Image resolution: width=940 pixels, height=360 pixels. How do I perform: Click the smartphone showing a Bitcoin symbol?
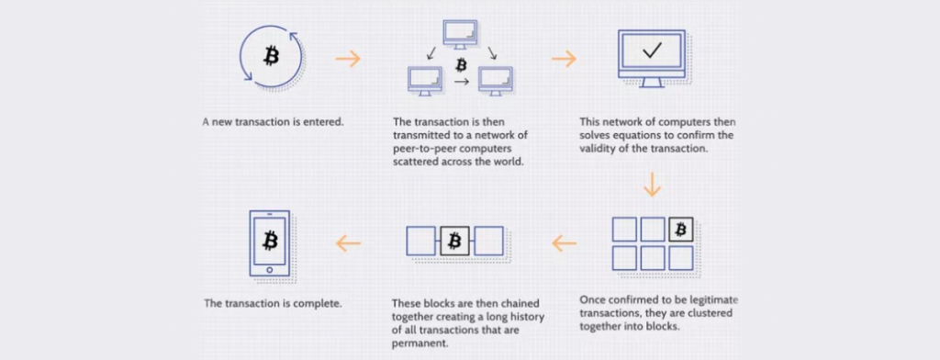click(x=270, y=242)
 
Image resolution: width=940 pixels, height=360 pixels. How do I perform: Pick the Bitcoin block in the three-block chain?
click(x=454, y=242)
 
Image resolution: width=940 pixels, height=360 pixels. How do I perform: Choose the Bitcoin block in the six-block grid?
click(x=680, y=229)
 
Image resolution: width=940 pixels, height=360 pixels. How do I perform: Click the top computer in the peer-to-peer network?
click(x=460, y=32)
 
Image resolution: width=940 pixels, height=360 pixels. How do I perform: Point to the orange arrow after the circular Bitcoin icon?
click(x=348, y=59)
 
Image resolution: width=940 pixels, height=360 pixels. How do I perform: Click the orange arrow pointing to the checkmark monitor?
click(x=564, y=59)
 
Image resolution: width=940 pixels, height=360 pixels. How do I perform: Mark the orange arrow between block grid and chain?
click(x=564, y=243)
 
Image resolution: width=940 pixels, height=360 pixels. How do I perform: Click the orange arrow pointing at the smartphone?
click(x=348, y=243)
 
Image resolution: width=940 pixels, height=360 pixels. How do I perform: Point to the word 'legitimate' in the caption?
click(x=706, y=300)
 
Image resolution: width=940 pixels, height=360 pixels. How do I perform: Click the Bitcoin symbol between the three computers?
click(x=461, y=65)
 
